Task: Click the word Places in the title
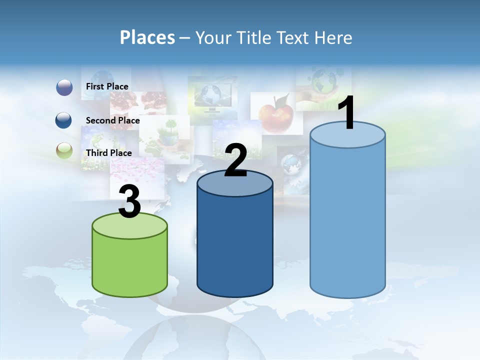[x=147, y=37]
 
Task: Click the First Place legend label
[x=107, y=86]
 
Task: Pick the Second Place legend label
[x=112, y=120]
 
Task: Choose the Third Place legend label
[x=108, y=153]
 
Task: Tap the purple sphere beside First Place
[x=64, y=87]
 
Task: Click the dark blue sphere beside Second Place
[x=64, y=120]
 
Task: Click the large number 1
[x=346, y=113]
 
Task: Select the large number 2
[x=236, y=160]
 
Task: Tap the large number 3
[x=129, y=201]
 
